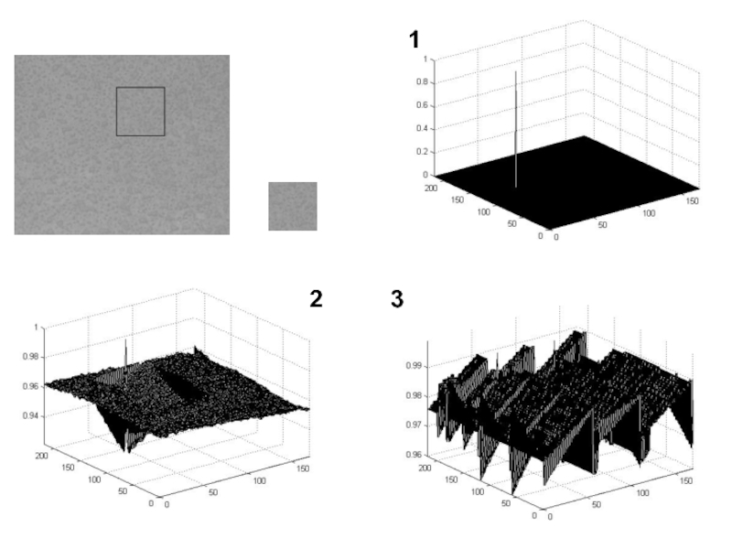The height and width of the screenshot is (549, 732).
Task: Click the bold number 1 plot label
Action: (414, 39)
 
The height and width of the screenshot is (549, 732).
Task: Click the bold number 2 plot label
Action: (316, 299)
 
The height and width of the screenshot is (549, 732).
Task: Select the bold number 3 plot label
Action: (397, 299)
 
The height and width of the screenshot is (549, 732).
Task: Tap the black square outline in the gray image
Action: (141, 87)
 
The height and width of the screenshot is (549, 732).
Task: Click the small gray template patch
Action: (293, 207)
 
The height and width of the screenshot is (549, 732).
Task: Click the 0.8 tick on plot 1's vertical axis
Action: (423, 82)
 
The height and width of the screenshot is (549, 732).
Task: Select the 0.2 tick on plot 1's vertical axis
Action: (423, 152)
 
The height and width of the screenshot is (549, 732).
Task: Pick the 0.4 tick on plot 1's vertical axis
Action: (423, 129)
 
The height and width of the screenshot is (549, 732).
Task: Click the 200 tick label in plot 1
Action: (430, 188)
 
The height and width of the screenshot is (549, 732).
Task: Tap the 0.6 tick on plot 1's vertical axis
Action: (423, 105)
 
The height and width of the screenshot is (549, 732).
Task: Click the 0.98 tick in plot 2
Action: (32, 357)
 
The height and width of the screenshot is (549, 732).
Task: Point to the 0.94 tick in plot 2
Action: (32, 416)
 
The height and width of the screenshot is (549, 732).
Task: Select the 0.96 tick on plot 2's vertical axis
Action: (32, 386)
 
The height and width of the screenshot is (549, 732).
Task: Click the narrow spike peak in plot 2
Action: (125, 339)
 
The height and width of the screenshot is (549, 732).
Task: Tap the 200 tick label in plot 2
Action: (41, 456)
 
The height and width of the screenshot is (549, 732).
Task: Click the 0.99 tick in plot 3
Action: (414, 366)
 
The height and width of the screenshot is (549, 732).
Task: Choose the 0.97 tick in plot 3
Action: (414, 425)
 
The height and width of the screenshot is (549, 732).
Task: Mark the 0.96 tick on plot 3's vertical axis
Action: (414, 454)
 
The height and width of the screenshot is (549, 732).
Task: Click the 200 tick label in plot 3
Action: (425, 468)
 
